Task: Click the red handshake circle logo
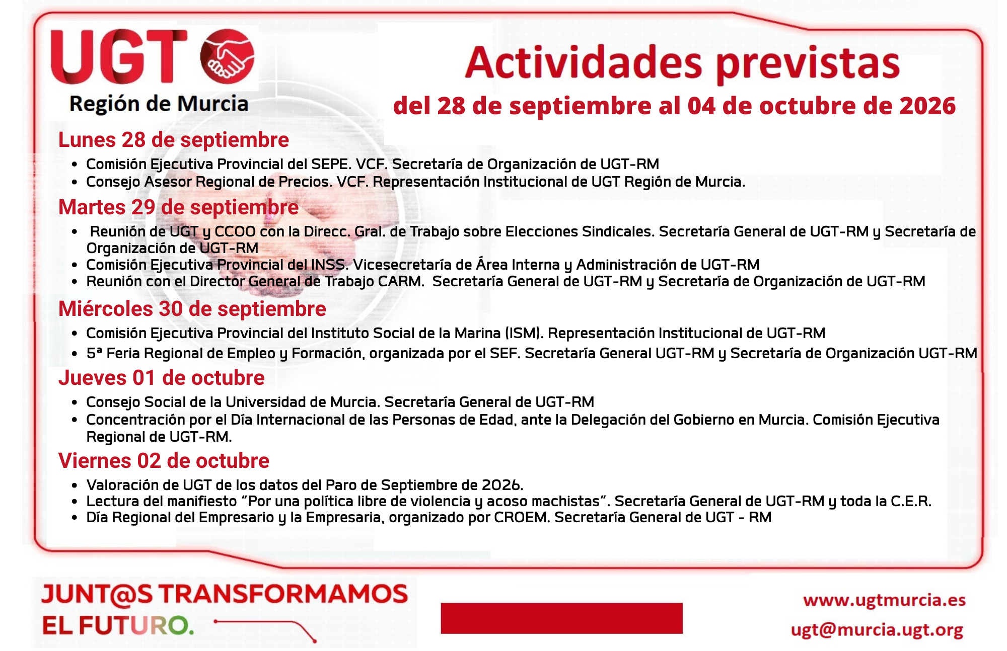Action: click(x=227, y=56)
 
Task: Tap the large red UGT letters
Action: click(x=119, y=56)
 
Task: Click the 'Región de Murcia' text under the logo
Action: click(x=159, y=104)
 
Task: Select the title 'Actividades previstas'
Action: click(x=682, y=64)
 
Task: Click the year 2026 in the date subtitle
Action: click(x=927, y=106)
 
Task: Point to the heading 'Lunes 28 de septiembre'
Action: click(x=174, y=140)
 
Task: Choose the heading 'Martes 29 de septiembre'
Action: click(x=179, y=207)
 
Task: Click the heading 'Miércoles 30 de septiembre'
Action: click(x=192, y=309)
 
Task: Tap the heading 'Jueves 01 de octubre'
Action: click(x=162, y=378)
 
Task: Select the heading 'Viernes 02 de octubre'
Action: click(x=164, y=461)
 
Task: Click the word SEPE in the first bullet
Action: click(x=330, y=164)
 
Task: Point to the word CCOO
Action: click(x=235, y=231)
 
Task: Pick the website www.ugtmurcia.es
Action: click(x=884, y=600)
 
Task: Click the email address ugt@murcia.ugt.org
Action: click(x=877, y=630)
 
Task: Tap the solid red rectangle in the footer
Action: click(x=561, y=618)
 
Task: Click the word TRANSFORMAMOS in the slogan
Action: click(x=283, y=594)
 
